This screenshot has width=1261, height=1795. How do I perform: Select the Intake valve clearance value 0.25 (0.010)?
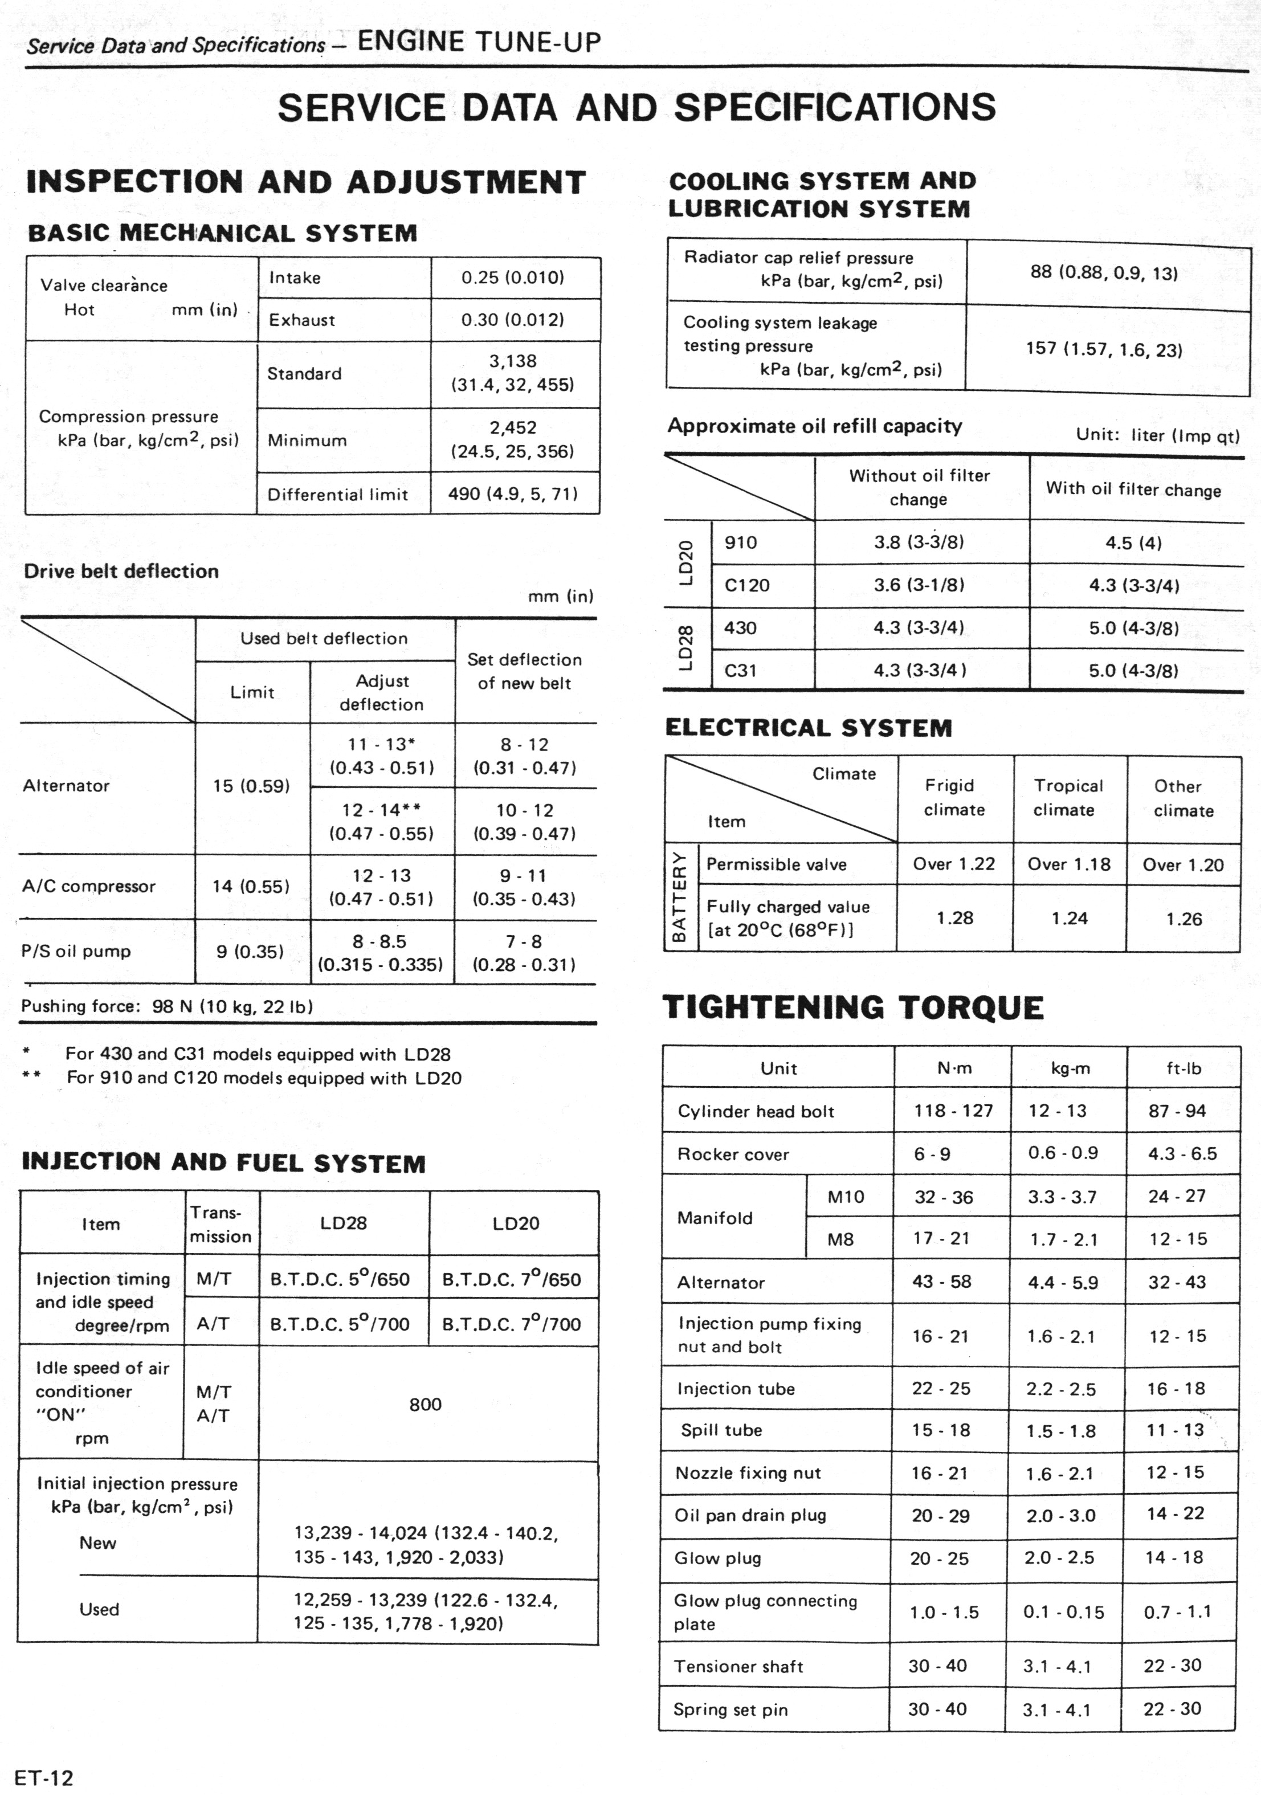pyautogui.click(x=512, y=278)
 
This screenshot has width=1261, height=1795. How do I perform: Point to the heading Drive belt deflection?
pyautogui.click(x=121, y=571)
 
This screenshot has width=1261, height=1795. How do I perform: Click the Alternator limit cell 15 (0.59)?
pyautogui.click(x=251, y=786)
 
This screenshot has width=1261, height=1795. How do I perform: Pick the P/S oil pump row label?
pyautogui.click(x=76, y=952)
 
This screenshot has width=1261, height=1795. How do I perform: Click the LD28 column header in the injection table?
pyautogui.click(x=343, y=1223)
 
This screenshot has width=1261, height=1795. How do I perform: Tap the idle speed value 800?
pyautogui.click(x=425, y=1404)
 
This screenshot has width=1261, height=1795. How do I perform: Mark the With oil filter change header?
pyautogui.click(x=1133, y=489)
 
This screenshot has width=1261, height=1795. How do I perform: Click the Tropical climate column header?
pyautogui.click(x=1068, y=797)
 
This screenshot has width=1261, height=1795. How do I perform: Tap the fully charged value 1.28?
pyautogui.click(x=954, y=918)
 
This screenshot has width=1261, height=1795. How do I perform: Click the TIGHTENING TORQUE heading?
pyautogui.click(x=853, y=1007)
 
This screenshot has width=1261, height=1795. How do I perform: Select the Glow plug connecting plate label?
pyautogui.click(x=765, y=1612)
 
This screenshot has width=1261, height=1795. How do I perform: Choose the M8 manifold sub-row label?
pyautogui.click(x=840, y=1239)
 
